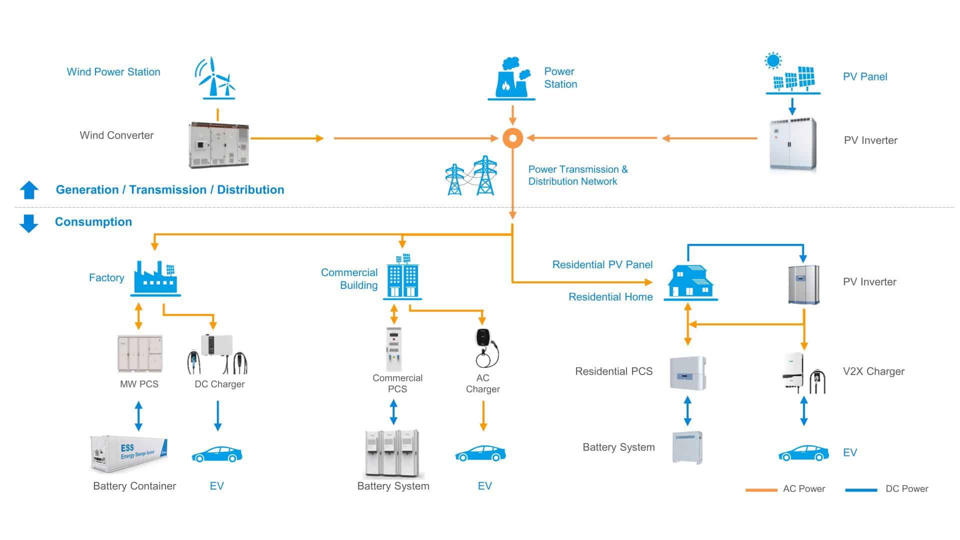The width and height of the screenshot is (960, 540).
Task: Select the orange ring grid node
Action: (x=512, y=138)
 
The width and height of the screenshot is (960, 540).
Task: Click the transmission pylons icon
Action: (x=470, y=176)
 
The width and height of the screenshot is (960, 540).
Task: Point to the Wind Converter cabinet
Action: (x=218, y=144)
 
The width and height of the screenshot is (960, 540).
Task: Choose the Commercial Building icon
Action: (x=403, y=277)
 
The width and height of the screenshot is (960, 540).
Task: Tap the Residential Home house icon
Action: (x=690, y=282)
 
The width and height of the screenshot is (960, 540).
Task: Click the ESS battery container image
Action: (x=129, y=453)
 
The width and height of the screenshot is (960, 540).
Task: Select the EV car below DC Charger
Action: (x=217, y=454)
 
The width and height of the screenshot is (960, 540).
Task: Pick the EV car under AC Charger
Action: (x=480, y=453)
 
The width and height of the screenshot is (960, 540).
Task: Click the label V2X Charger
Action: (x=873, y=371)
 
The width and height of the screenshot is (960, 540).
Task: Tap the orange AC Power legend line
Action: (x=761, y=489)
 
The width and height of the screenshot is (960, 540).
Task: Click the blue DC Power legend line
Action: (x=861, y=489)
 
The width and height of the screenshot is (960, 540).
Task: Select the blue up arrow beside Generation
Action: (x=29, y=190)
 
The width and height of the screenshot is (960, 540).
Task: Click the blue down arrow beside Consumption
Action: (x=28, y=223)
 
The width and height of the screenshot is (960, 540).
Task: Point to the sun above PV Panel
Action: (x=773, y=61)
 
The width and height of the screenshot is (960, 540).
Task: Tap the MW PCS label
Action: (x=139, y=384)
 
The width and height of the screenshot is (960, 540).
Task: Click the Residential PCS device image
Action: (x=688, y=373)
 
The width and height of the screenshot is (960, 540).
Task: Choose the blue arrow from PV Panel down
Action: (x=792, y=106)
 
